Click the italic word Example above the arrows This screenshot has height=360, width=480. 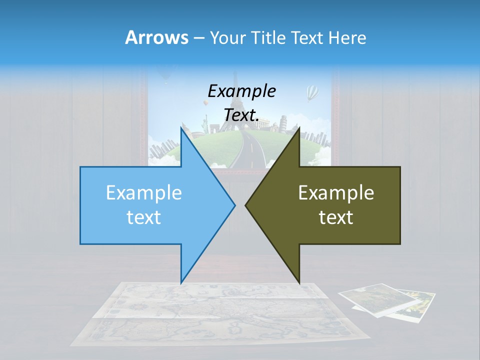click(241, 91)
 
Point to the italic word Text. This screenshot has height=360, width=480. click(241, 115)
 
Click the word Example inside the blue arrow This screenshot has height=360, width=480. click(144, 193)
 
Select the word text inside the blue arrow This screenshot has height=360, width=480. click(144, 217)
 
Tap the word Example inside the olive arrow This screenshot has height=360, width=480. click(336, 193)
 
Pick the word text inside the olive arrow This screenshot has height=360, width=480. click(336, 217)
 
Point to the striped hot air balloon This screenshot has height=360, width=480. click(312, 92)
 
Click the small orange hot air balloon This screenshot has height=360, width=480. click(205, 103)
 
